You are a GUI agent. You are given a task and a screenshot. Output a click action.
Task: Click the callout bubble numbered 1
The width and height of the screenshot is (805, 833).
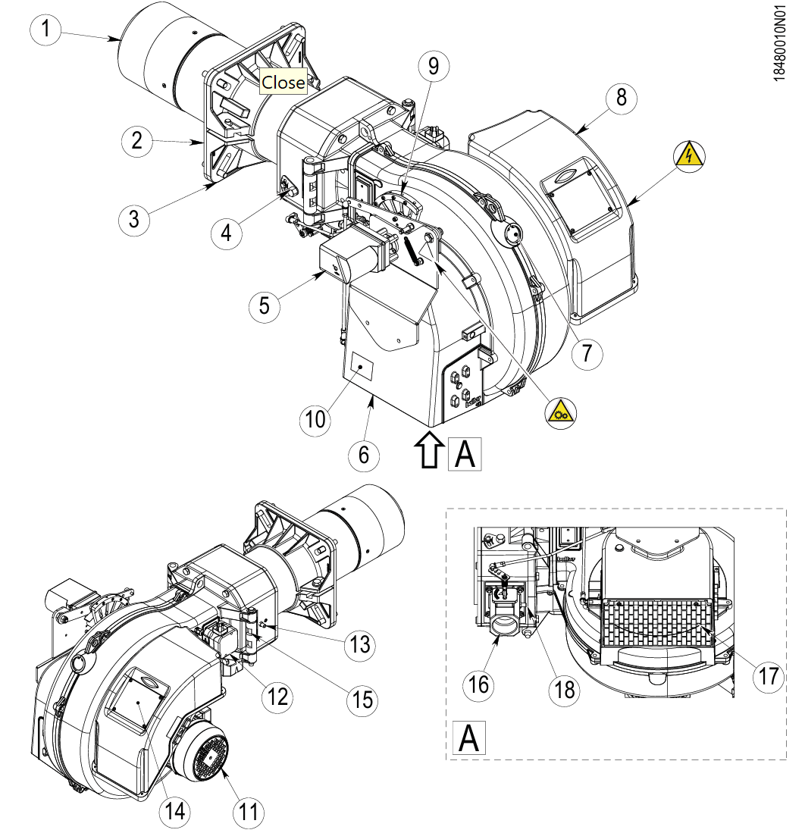coord(45,28)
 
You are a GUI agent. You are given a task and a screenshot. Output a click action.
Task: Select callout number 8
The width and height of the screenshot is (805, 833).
coord(621,98)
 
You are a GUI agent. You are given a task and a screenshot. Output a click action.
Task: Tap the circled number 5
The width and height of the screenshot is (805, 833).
coord(264,306)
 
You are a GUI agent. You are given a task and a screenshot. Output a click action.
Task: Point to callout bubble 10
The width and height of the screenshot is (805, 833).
coord(315,420)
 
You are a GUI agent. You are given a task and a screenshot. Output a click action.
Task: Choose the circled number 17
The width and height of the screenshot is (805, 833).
coord(769,677)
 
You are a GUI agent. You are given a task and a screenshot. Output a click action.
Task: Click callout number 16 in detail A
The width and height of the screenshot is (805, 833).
coord(478,684)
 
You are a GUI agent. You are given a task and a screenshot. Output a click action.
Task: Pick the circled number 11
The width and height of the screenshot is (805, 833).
coord(248,812)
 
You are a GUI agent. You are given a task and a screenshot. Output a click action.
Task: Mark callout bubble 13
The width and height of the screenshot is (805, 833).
coord(360,645)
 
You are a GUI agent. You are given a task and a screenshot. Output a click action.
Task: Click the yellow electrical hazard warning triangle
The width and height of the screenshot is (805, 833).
coord(689,156)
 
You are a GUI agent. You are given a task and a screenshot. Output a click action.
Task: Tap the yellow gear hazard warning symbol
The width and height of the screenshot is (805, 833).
coord(561,413)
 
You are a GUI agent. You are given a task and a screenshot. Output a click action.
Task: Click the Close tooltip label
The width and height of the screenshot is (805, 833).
coord(283,83)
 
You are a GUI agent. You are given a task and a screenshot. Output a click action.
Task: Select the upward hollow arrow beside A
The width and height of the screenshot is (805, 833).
coord(429,449)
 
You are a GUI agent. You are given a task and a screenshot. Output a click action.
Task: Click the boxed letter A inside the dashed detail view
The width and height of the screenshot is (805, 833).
coord(468,737)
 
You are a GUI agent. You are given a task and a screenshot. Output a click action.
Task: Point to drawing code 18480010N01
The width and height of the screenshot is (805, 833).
coord(779,43)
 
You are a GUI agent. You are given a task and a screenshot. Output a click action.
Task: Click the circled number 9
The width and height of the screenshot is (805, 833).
coord(434,67)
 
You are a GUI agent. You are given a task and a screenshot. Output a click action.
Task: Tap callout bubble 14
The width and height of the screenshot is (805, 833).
coord(175,811)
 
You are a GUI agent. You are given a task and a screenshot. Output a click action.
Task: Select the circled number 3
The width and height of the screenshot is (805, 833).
coord(134,219)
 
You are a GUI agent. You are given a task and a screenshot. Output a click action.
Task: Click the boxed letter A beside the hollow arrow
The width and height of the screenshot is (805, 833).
coord(465,454)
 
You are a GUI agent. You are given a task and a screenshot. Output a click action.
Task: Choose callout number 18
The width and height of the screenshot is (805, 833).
coord(564,690)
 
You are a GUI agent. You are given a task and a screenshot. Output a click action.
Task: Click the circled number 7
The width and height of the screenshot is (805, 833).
coord(587,353)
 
